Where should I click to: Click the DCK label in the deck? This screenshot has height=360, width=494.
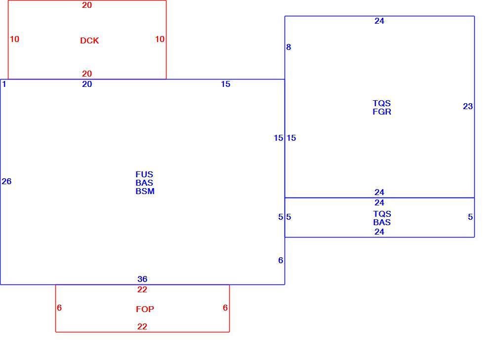click(x=89, y=40)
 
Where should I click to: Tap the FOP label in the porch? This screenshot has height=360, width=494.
click(x=145, y=309)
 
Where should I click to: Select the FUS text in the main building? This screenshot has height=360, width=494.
click(x=144, y=174)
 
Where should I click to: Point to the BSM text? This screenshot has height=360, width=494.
click(x=145, y=191)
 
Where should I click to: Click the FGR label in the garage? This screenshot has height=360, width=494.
click(x=382, y=112)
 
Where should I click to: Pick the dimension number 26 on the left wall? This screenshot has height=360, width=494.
click(x=6, y=181)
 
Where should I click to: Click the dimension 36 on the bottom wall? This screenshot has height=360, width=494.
click(x=142, y=279)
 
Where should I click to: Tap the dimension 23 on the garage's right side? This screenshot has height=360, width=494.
click(x=468, y=107)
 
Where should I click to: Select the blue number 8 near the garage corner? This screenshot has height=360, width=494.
click(x=288, y=47)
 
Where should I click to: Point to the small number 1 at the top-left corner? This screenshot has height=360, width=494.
click(x=4, y=84)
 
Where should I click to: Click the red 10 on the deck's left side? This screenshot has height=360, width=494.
click(x=14, y=39)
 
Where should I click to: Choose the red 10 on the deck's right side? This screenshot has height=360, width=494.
click(x=160, y=39)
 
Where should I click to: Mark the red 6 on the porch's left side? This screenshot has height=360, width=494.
click(x=59, y=308)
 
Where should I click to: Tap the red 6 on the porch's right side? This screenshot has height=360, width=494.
click(x=225, y=308)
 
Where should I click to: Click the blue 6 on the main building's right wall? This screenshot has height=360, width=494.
click(x=281, y=260)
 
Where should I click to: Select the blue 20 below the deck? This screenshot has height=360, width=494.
click(x=87, y=84)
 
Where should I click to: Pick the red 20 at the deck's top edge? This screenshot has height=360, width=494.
click(x=87, y=5)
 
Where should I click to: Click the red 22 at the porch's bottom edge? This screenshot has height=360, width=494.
click(x=142, y=326)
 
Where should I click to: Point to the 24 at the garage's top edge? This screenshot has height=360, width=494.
click(x=379, y=21)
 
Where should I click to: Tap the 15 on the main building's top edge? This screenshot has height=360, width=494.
click(x=226, y=84)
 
